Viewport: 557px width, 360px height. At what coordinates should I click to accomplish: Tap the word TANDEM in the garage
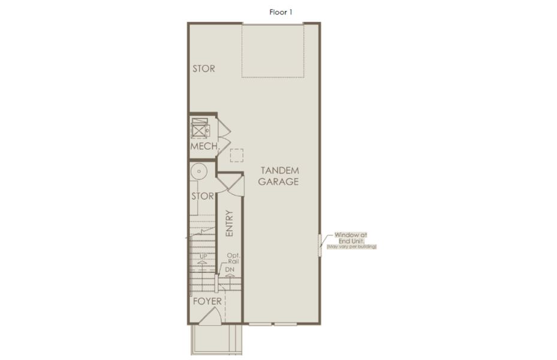[278, 170]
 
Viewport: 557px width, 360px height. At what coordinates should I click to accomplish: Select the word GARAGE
[278, 182]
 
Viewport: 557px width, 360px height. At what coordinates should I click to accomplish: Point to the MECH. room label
[204, 146]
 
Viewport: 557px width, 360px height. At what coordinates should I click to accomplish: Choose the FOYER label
[207, 301]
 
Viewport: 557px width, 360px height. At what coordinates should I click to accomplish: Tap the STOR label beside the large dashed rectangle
[203, 68]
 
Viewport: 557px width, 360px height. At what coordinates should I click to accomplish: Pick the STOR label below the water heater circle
[203, 196]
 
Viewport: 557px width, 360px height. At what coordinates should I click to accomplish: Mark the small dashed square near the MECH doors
[237, 155]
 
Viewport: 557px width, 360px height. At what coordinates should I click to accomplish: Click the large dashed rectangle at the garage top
[273, 50]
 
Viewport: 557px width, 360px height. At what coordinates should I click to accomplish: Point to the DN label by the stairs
[230, 270]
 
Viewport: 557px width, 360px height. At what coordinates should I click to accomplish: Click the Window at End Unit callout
[350, 238]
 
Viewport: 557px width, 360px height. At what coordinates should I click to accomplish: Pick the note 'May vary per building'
[351, 247]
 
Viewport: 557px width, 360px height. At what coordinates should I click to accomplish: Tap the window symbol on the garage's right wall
[320, 245]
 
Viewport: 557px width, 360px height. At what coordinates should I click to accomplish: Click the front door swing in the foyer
[210, 319]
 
